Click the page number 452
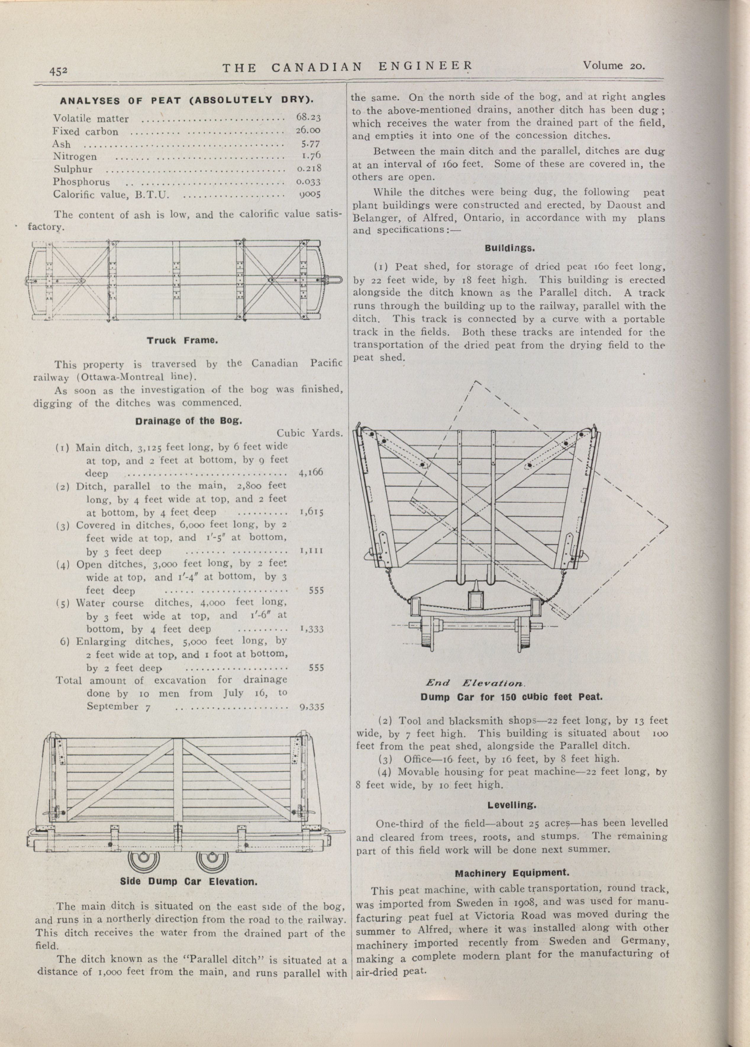pos(59,71)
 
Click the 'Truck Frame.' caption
pos(182,341)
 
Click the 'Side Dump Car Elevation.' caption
pos(188,881)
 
